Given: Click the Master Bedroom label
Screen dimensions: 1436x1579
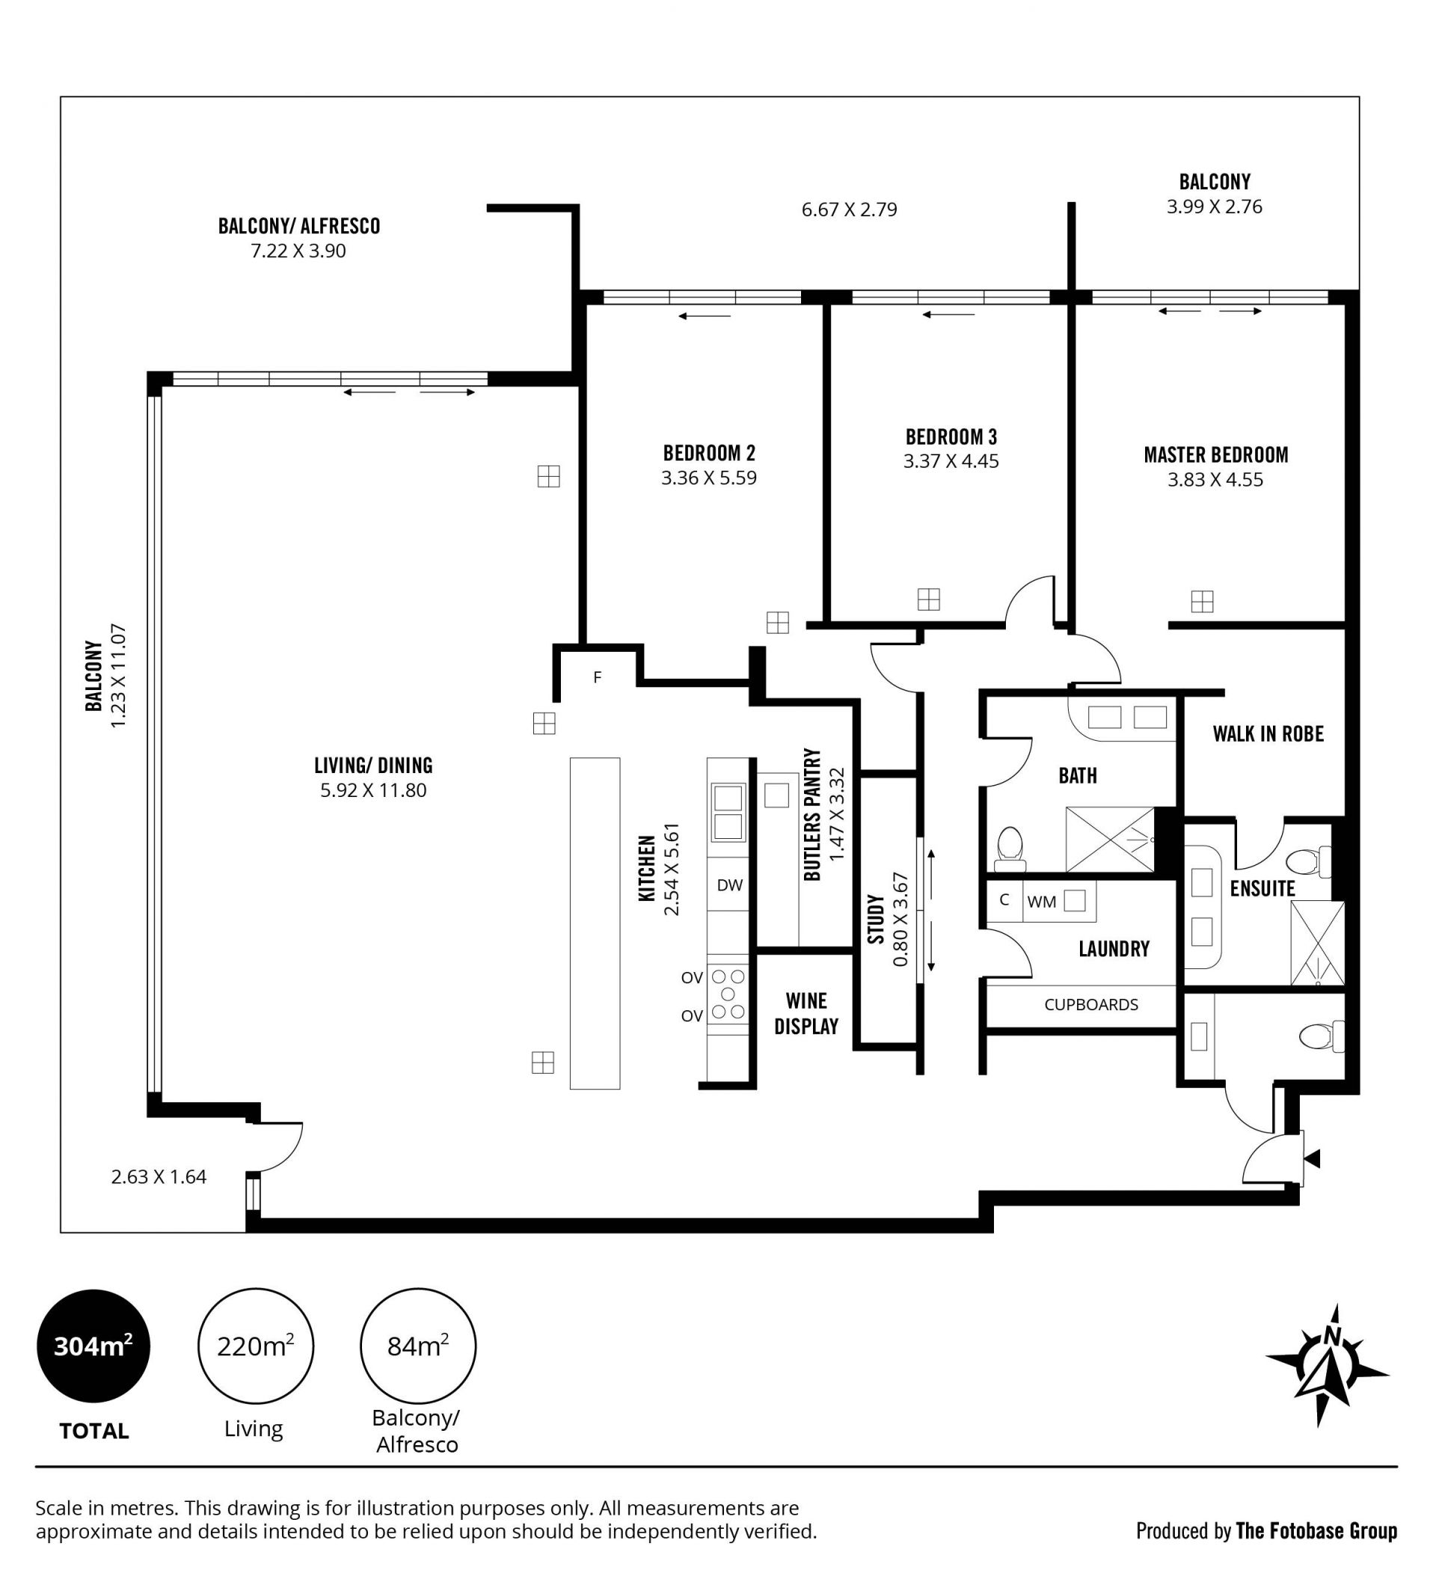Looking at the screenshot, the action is click(x=1215, y=455).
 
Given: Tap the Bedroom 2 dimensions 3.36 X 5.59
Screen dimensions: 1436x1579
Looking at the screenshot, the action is click(x=708, y=478).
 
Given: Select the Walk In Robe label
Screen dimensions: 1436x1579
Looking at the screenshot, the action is click(x=1268, y=734).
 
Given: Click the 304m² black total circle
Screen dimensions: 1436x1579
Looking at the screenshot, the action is click(x=93, y=1346).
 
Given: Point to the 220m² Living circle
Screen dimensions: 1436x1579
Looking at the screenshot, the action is click(x=255, y=1346).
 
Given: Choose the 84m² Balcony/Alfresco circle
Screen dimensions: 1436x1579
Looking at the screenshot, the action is click(x=417, y=1346).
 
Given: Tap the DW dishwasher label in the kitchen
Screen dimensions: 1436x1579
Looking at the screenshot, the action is click(x=730, y=885).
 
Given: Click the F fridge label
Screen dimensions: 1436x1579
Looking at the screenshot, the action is click(x=598, y=677).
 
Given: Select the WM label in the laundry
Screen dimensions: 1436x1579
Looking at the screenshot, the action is click(x=1041, y=902).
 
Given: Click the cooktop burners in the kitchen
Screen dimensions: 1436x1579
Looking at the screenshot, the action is click(x=728, y=994).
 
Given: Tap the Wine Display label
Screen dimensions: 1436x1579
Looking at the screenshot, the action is click(x=806, y=1013).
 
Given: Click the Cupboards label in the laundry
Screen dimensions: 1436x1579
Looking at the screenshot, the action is click(x=1090, y=1005).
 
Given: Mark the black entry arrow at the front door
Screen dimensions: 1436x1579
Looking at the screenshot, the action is click(x=1313, y=1158).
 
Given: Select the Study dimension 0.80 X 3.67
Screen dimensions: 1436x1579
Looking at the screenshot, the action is click(x=900, y=919).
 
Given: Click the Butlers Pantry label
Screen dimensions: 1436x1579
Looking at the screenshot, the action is click(x=813, y=814).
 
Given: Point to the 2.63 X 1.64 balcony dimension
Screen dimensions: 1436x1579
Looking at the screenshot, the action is click(x=159, y=1176).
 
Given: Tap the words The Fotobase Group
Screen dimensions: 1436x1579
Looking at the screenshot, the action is click(x=1316, y=1531).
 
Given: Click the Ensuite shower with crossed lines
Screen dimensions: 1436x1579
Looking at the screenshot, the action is click(x=1318, y=944).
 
